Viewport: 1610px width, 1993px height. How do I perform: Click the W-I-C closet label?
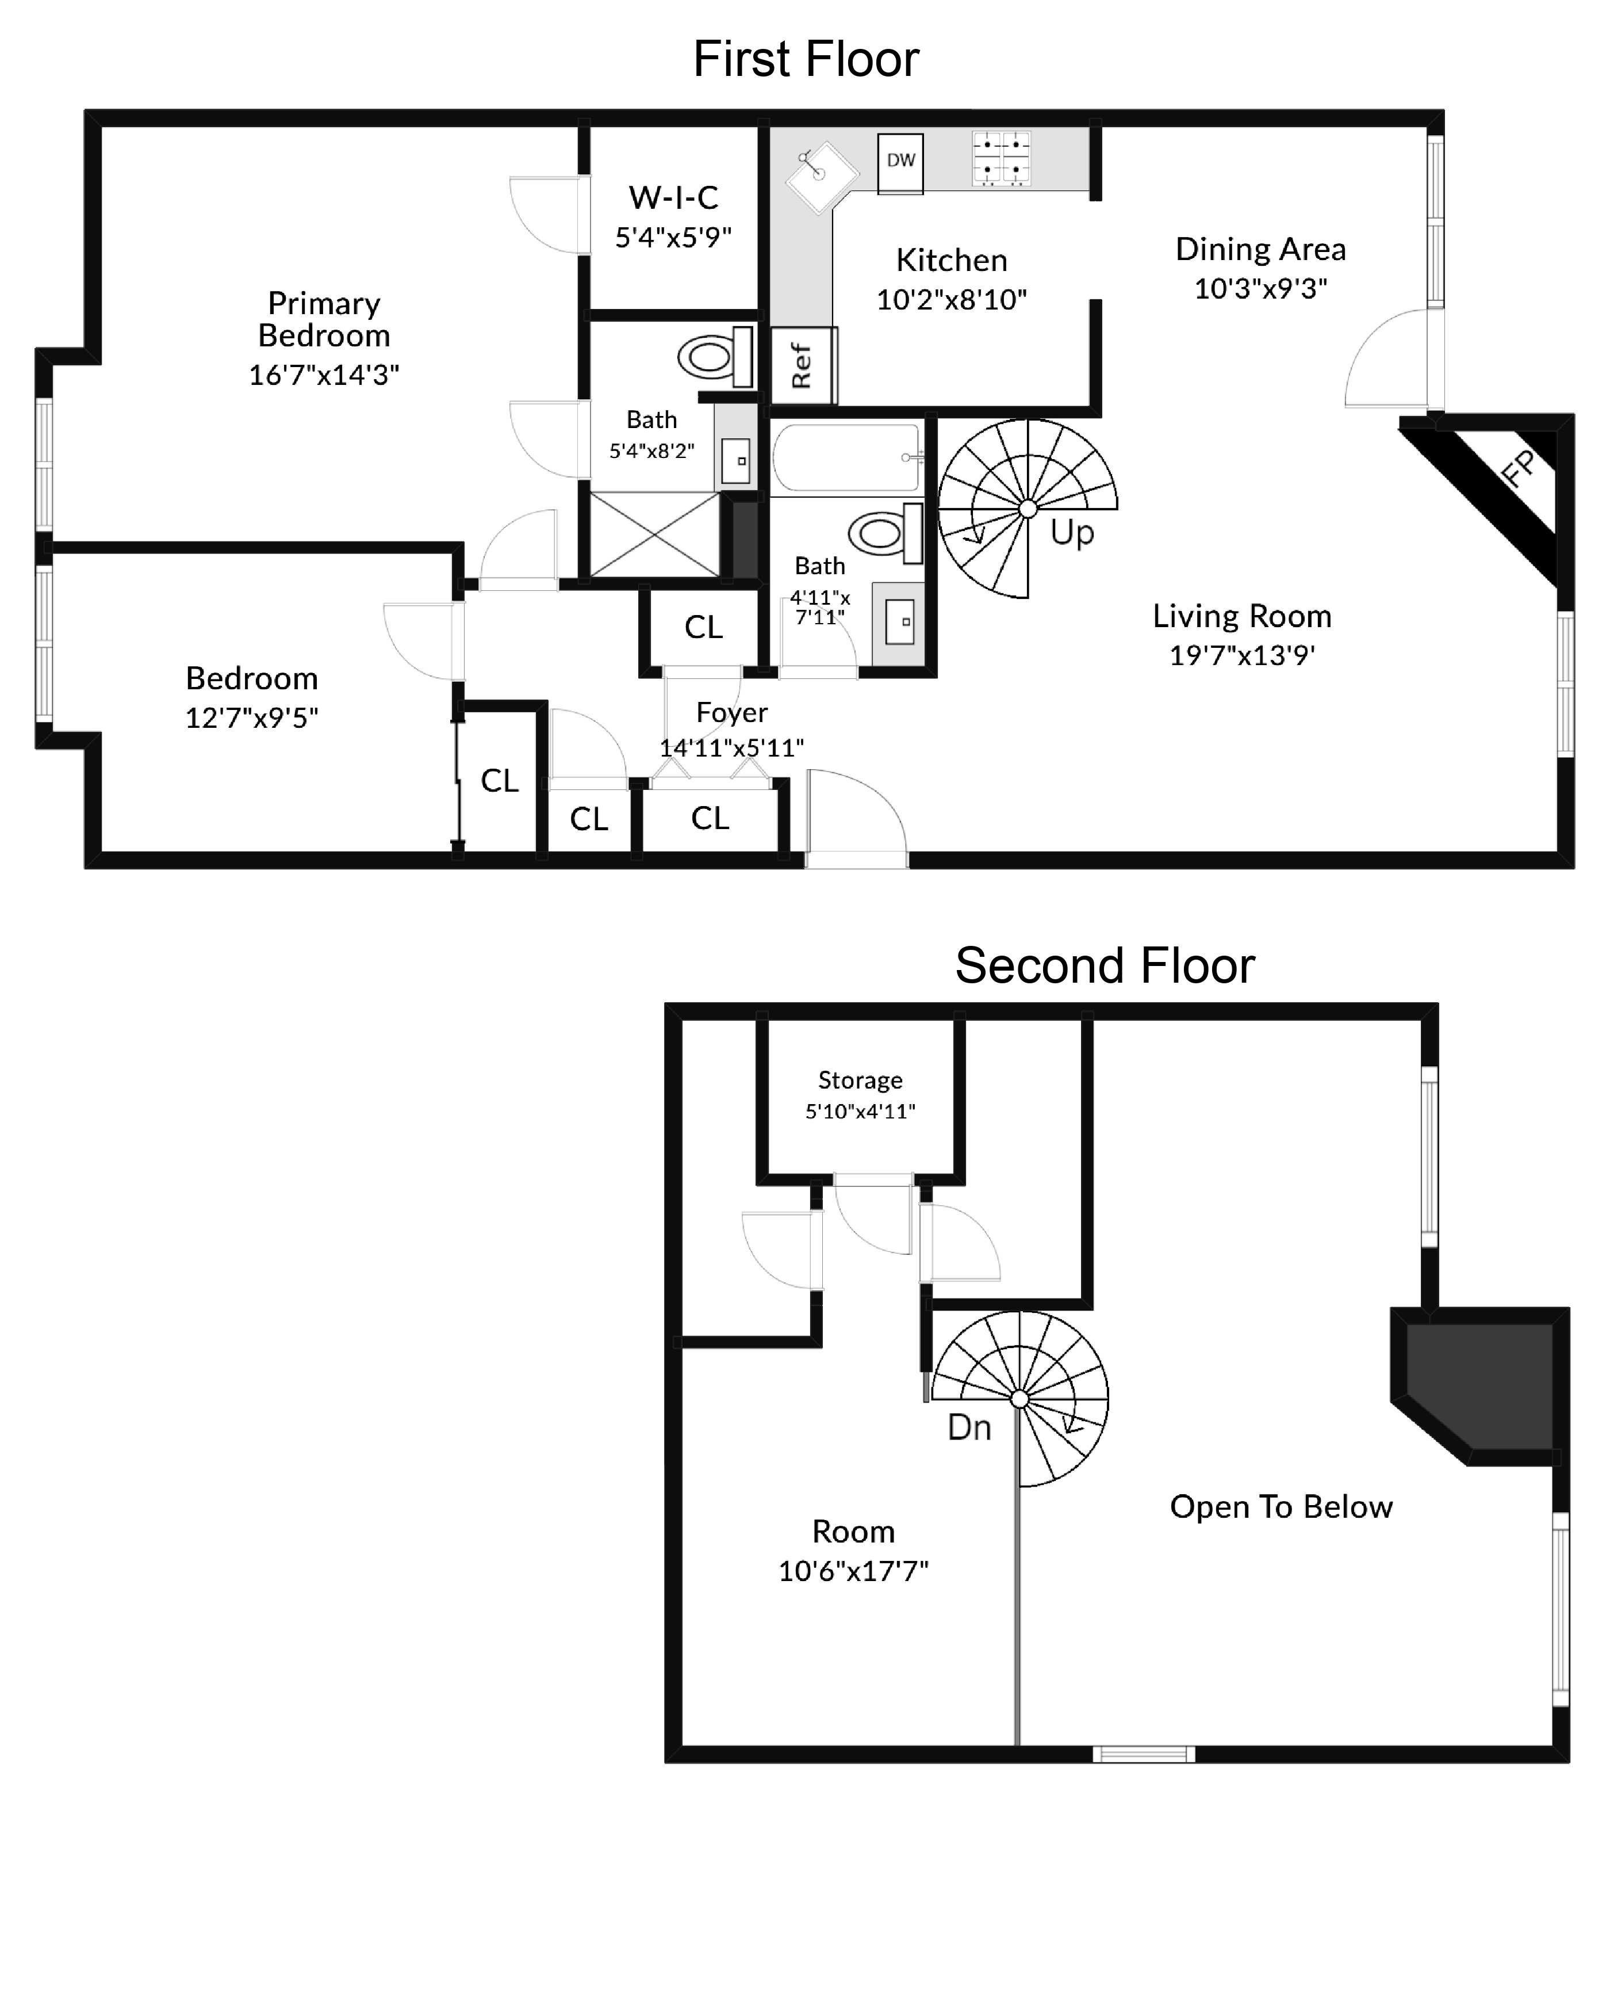pos(673,197)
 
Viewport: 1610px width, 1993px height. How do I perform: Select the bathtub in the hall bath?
pos(846,457)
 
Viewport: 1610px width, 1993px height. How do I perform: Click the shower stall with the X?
pos(655,534)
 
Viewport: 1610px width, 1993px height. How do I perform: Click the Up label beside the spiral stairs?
pos(1072,533)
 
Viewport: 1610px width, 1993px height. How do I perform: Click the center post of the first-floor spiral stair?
pos(1028,509)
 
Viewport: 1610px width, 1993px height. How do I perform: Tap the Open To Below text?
pos(1281,1507)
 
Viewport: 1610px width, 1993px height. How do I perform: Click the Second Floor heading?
pos(1105,966)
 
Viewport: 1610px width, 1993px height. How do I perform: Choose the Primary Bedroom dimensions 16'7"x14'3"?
pos(324,375)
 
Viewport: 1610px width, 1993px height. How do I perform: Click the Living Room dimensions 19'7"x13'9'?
pos(1242,655)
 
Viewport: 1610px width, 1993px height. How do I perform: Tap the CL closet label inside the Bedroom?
pos(499,781)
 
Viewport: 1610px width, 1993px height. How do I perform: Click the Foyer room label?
pos(732,713)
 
